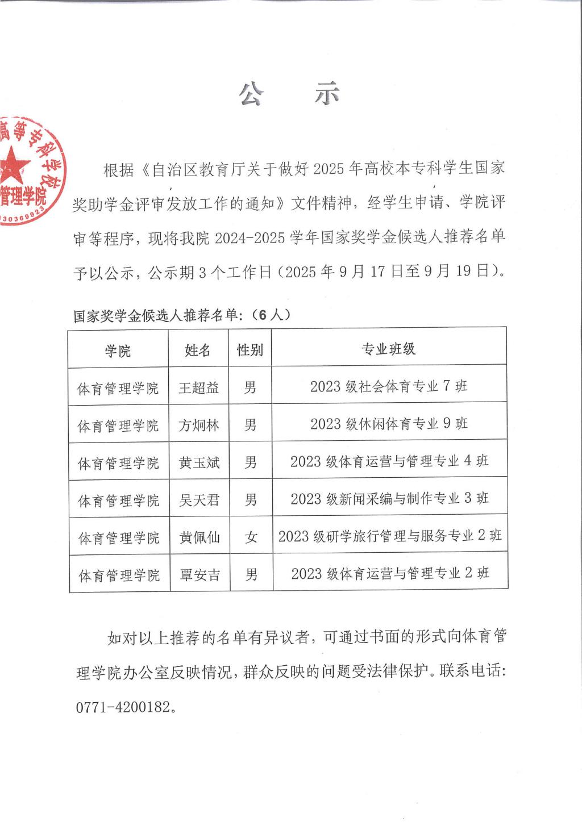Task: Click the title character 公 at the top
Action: pyautogui.click(x=251, y=94)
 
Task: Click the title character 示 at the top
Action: pyautogui.click(x=328, y=94)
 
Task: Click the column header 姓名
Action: pyautogui.click(x=198, y=350)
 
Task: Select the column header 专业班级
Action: pyautogui.click(x=389, y=349)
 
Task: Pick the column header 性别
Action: pyautogui.click(x=250, y=349)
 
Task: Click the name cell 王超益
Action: pyautogui.click(x=198, y=388)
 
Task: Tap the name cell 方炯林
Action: pyautogui.click(x=199, y=425)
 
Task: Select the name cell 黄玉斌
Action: pyautogui.click(x=199, y=463)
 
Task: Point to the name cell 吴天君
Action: pyautogui.click(x=199, y=500)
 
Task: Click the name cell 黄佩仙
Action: pyautogui.click(x=199, y=537)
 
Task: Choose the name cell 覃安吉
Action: pyautogui.click(x=199, y=575)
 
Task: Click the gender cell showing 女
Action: pyautogui.click(x=251, y=537)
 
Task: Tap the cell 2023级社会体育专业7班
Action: pyautogui.click(x=389, y=386)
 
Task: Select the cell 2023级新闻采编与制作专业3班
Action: pyautogui.click(x=389, y=499)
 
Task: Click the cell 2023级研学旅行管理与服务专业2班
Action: pyautogui.click(x=390, y=536)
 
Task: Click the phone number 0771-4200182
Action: pyautogui.click(x=123, y=707)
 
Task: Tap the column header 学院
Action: pyautogui.click(x=118, y=351)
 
